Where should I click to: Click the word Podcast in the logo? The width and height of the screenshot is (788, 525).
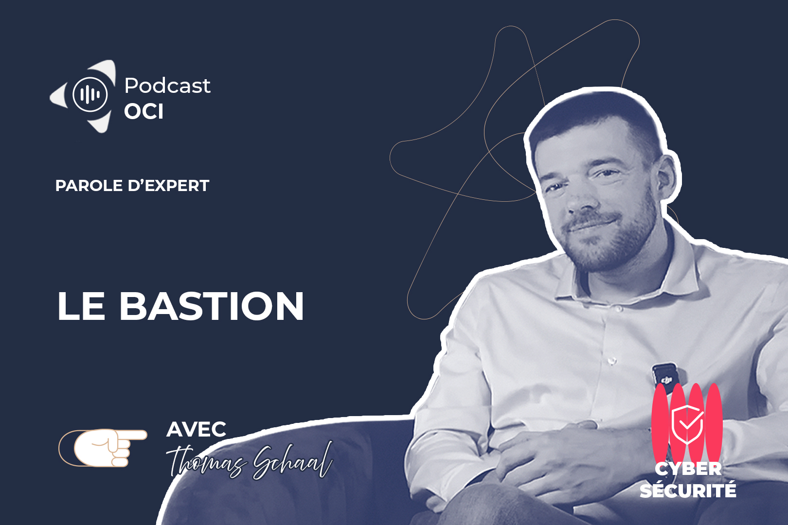167,86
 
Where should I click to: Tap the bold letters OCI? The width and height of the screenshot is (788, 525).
144,112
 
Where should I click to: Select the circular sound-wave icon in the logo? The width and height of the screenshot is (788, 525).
90,94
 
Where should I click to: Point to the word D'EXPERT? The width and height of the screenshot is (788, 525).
168,186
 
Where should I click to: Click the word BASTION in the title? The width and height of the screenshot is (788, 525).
212,306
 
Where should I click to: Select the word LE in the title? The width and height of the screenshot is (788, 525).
81,306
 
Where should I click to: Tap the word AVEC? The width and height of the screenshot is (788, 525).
197,429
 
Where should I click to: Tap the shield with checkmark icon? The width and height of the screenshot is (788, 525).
687,424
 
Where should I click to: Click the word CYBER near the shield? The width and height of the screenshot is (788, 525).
688,469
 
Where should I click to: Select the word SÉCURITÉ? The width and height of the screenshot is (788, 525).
688,490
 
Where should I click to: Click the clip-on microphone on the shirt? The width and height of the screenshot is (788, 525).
665,376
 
